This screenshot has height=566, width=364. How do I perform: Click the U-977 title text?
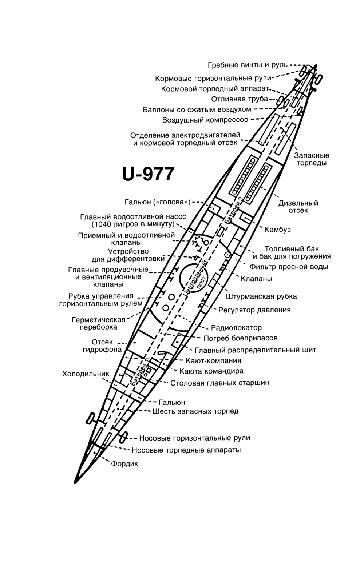[149, 174]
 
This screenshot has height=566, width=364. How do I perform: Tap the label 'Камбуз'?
[277, 230]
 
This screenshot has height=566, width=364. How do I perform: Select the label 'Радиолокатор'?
[236, 328]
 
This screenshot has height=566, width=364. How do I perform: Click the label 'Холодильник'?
[86, 374]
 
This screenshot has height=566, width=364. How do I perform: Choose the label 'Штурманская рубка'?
[261, 296]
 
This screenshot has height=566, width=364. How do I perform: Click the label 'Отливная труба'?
[240, 99]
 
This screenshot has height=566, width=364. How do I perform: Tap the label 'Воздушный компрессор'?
[205, 120]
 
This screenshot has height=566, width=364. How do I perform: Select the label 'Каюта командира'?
[211, 371]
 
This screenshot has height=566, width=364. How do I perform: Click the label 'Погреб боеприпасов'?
[241, 338]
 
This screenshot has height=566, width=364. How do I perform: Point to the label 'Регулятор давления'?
[254, 310]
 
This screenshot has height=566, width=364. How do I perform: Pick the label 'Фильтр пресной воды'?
[289, 267]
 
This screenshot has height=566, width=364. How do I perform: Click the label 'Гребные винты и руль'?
[248, 65]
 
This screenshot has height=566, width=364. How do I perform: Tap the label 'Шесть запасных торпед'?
[195, 411]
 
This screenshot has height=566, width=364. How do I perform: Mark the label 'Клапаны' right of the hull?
[256, 279]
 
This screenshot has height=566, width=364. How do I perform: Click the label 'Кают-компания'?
[213, 360]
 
